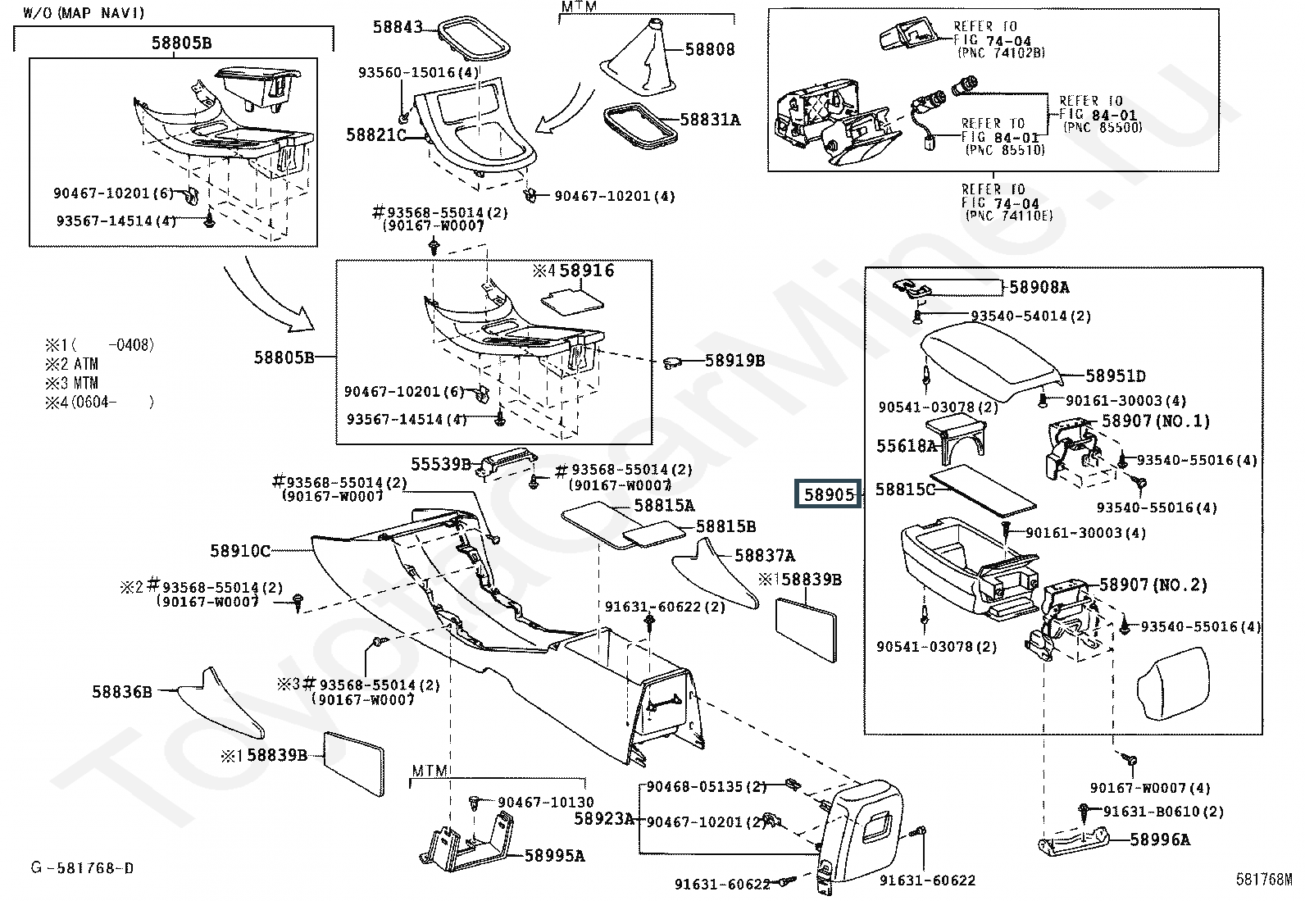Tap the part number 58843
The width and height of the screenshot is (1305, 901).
click(x=398, y=27)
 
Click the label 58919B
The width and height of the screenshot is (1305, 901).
click(x=734, y=360)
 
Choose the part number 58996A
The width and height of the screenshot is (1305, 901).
click(x=1160, y=840)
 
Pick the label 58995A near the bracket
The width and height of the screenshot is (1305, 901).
click(x=554, y=856)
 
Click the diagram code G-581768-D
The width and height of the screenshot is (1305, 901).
click(x=82, y=867)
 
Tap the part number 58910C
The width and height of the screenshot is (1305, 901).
click(x=239, y=551)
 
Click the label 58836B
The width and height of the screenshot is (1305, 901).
click(x=121, y=692)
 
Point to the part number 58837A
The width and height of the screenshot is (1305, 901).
click(x=764, y=556)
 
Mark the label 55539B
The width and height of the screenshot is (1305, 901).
click(x=441, y=464)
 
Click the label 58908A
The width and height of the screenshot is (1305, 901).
click(x=1039, y=287)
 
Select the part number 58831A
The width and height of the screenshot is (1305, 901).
click(x=710, y=120)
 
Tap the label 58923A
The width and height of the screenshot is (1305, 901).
click(x=603, y=818)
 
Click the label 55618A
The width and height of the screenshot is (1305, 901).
click(x=906, y=446)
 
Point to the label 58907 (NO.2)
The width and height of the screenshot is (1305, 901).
click(x=1153, y=585)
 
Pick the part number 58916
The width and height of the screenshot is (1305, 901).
click(x=587, y=271)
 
